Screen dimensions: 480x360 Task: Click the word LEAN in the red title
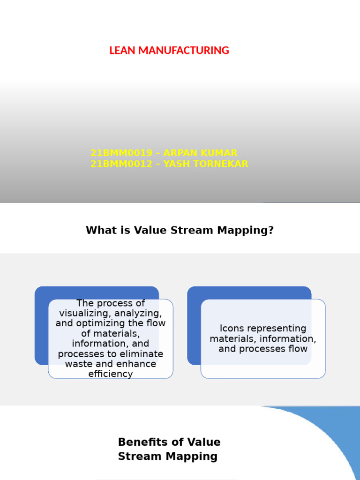coord(120,51)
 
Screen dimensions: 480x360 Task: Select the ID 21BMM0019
coord(121,153)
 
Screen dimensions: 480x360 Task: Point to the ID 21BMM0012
coord(121,164)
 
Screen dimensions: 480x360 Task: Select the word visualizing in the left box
coord(86,314)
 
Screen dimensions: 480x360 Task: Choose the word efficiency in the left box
coord(111,374)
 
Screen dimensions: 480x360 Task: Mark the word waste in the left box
coord(78,364)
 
